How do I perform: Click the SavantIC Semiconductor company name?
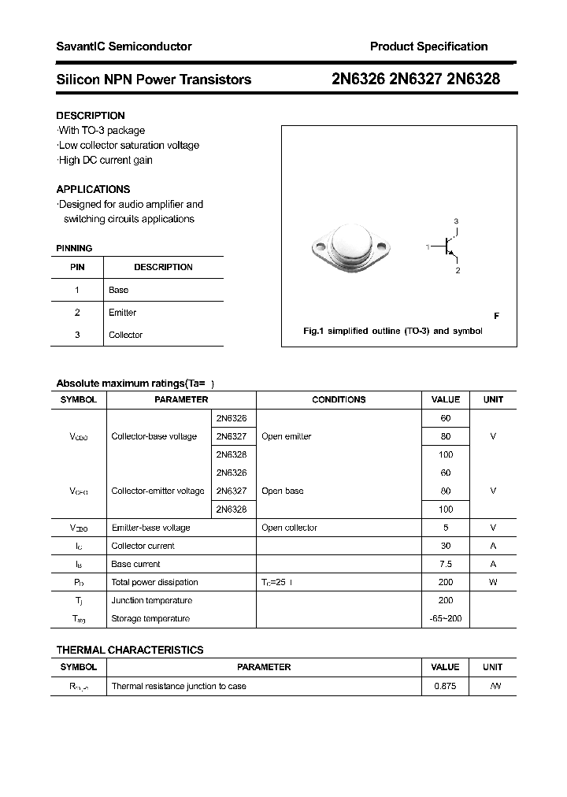click(x=124, y=46)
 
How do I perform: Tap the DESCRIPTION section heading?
click(x=91, y=115)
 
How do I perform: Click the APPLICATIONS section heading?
click(x=93, y=189)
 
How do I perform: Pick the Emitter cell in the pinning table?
click(x=123, y=313)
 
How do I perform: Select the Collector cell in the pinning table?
click(x=126, y=335)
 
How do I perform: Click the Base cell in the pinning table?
click(x=119, y=290)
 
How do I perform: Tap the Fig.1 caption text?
click(x=392, y=331)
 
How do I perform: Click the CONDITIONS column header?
click(x=339, y=399)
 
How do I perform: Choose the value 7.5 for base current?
click(x=446, y=564)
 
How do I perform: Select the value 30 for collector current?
click(x=446, y=546)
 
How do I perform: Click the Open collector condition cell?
click(x=290, y=528)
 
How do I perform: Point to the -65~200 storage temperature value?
click(x=446, y=618)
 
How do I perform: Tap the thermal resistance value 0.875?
click(x=446, y=686)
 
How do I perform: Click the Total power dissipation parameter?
click(x=155, y=582)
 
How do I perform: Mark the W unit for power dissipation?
click(x=493, y=582)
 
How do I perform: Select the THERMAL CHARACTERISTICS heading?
click(x=130, y=650)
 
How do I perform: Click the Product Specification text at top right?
click(x=428, y=46)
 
